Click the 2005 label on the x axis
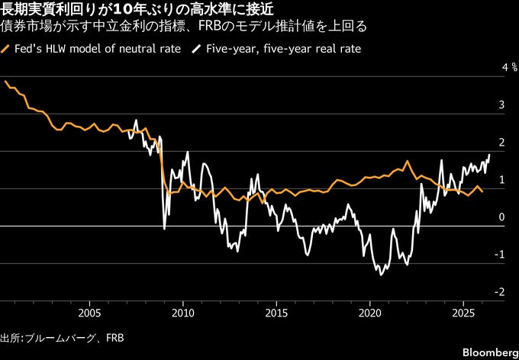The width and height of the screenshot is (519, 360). [89, 313]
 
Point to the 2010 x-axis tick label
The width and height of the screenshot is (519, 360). [182, 313]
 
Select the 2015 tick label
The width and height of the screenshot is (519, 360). [276, 313]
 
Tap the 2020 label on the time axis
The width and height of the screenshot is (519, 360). [369, 313]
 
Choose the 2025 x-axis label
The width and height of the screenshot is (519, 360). [463, 313]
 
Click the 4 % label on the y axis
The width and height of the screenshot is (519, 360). [509, 67]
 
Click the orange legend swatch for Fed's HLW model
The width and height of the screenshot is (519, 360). [6, 49]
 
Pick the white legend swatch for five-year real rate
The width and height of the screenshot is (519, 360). [197, 49]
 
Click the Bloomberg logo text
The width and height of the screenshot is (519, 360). [491, 351]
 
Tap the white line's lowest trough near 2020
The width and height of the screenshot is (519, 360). [381, 275]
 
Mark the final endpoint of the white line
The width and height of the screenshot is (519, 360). [489, 154]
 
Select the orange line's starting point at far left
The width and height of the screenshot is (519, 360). [5, 81]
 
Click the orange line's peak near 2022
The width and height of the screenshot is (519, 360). [407, 161]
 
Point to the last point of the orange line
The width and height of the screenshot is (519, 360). [482, 191]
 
